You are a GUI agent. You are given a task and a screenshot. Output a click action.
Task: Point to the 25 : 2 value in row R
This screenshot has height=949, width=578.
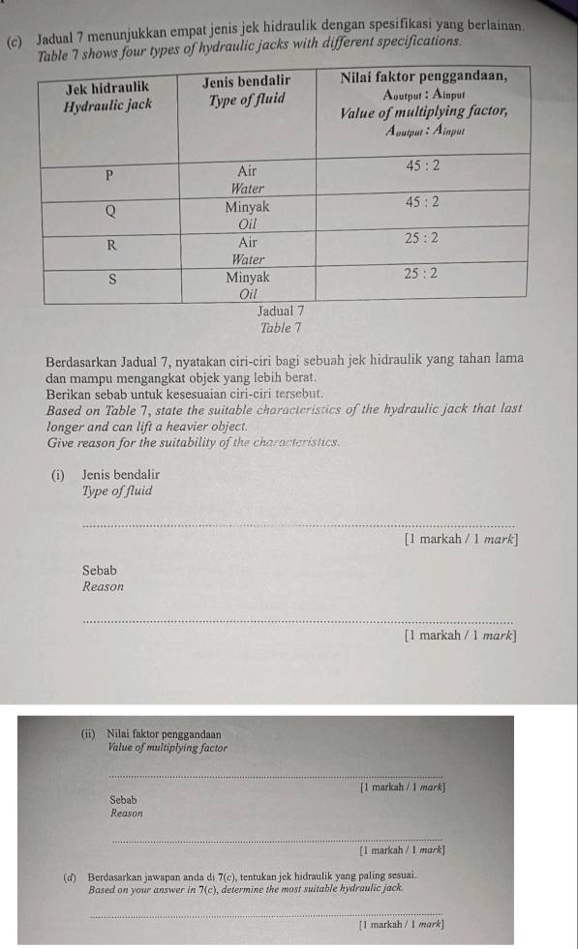(422, 238)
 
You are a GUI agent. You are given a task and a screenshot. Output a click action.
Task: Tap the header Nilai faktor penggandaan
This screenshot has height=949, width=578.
(427, 75)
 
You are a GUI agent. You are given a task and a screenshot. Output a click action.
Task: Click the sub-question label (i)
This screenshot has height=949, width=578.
(60, 475)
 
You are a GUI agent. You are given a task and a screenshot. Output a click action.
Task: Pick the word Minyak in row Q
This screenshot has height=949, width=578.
(248, 206)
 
